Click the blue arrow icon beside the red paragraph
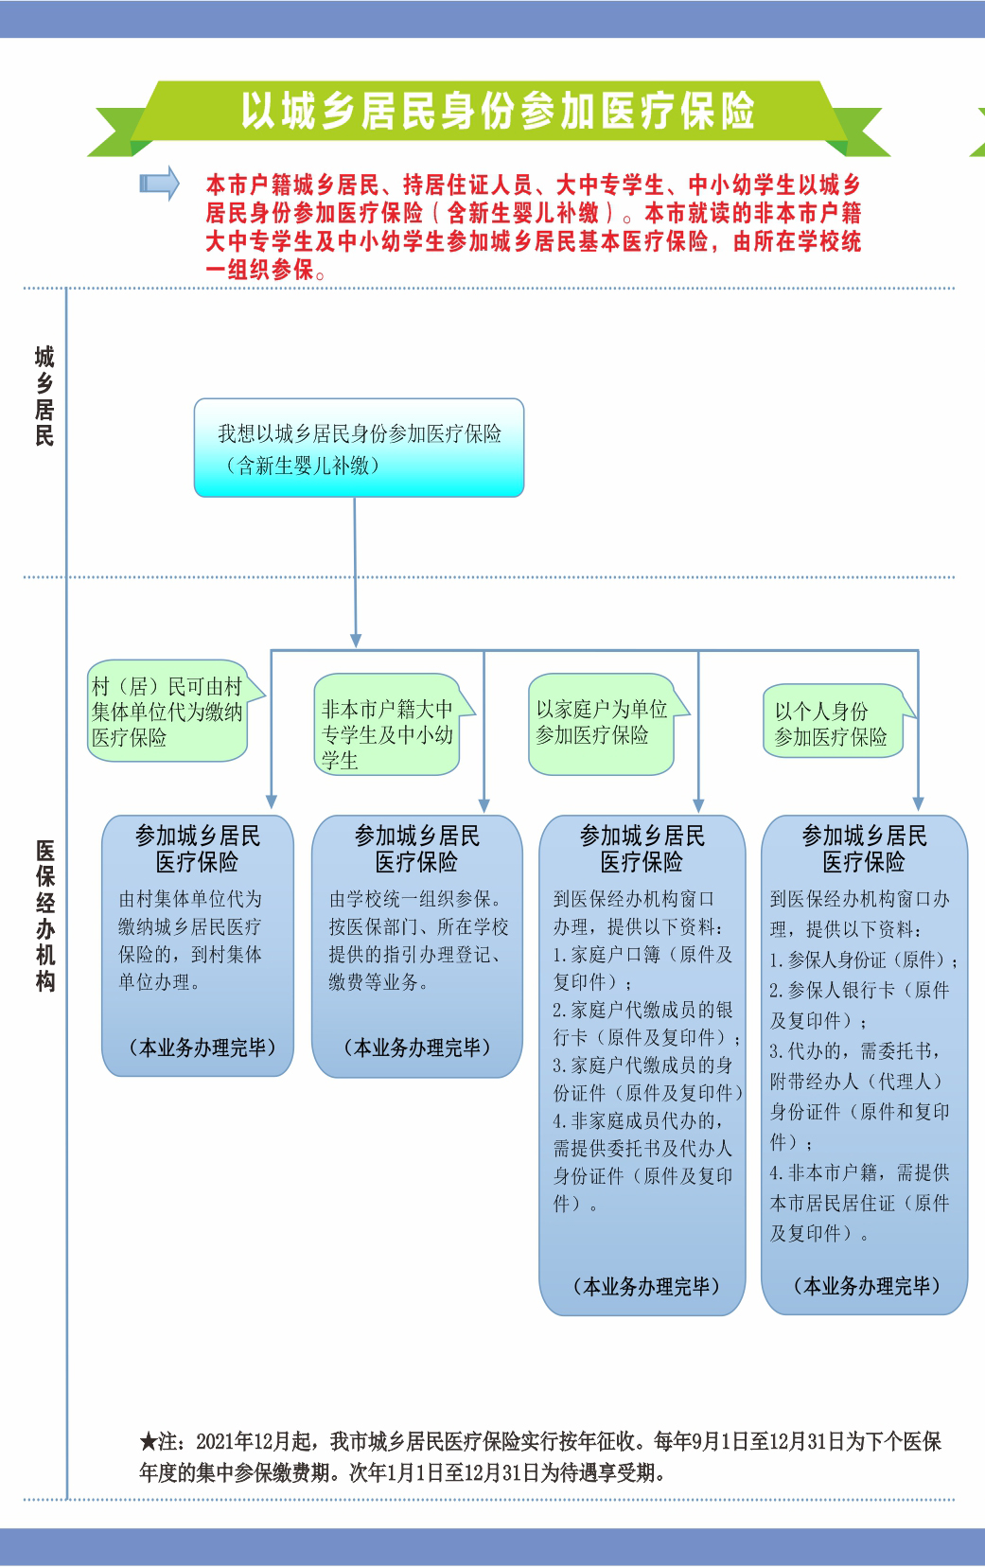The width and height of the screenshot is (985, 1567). tap(160, 184)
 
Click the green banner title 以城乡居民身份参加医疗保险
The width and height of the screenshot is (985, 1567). tap(498, 111)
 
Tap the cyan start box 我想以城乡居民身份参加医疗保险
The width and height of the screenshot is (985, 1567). tap(359, 448)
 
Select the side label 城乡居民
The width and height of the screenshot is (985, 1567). tap(44, 396)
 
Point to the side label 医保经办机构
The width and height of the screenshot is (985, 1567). tap(45, 916)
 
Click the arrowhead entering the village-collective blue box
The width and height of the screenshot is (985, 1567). tap(272, 802)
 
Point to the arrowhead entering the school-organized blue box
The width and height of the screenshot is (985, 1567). tap(484, 806)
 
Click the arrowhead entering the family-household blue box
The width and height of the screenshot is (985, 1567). tap(698, 806)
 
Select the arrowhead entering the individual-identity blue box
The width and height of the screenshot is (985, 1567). tap(919, 804)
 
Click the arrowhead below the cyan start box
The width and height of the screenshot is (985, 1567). tap(356, 641)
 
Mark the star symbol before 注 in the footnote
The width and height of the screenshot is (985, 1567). tap(149, 1442)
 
